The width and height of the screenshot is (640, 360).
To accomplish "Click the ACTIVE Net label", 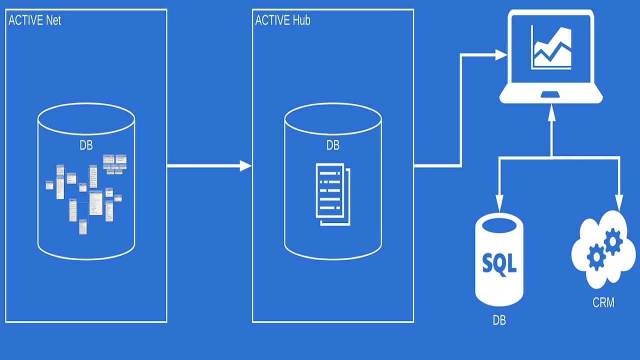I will click(x=35, y=20).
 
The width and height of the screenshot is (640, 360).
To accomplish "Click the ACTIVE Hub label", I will click(x=282, y=20).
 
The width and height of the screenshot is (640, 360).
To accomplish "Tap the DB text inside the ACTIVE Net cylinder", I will click(x=86, y=145).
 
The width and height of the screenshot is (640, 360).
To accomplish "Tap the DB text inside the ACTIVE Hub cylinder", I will click(x=333, y=145).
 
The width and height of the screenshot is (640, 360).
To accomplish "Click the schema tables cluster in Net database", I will click(x=86, y=192).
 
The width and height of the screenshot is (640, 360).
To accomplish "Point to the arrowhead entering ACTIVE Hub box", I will click(x=245, y=165).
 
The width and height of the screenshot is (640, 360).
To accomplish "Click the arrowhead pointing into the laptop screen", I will click(x=500, y=55).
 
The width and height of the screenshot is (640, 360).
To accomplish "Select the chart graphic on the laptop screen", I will click(x=551, y=48).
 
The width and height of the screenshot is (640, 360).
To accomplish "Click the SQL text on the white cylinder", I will click(x=499, y=262).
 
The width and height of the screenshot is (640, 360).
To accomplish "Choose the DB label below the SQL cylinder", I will click(x=499, y=320).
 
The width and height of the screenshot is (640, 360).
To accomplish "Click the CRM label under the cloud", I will click(x=603, y=302).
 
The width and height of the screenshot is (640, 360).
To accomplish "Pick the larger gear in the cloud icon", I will click(x=613, y=241).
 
